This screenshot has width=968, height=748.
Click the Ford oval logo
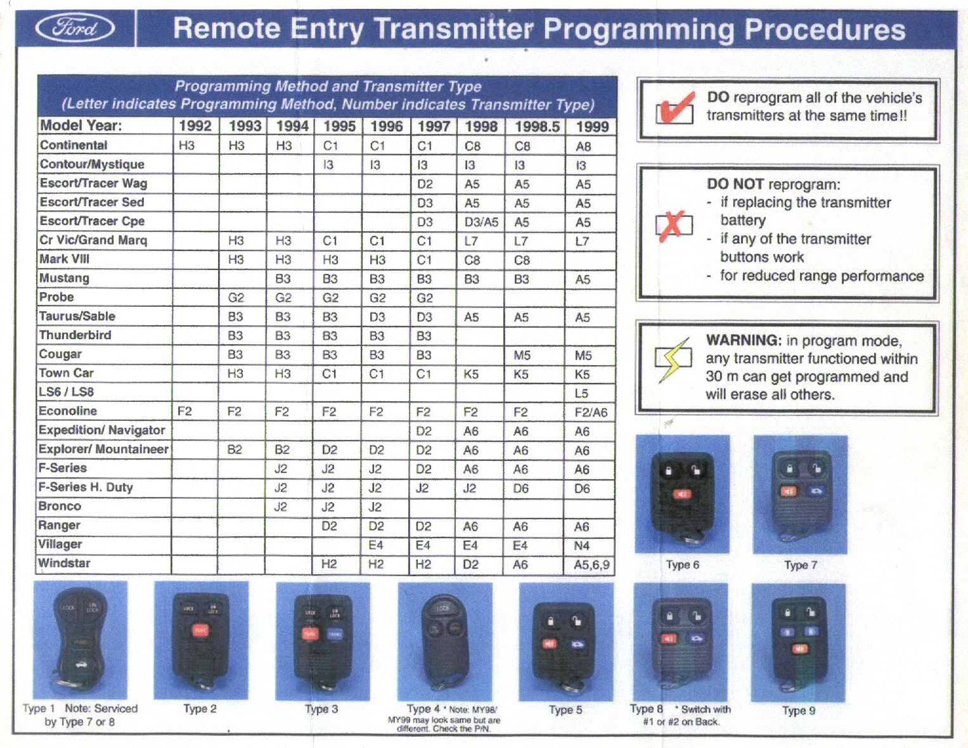(x=75, y=29)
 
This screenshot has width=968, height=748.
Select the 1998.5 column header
(x=536, y=126)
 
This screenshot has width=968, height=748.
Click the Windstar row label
(x=64, y=563)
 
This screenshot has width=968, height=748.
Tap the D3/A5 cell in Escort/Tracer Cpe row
(x=481, y=222)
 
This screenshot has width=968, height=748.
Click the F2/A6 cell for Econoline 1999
(x=590, y=412)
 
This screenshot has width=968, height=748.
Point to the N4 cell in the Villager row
(x=581, y=545)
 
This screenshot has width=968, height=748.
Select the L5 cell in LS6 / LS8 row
(x=581, y=393)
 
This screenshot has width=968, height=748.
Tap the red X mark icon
(x=673, y=226)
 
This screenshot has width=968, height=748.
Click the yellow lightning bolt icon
(x=673, y=359)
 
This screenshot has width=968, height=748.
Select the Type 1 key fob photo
(x=80, y=640)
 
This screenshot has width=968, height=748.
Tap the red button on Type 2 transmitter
(x=200, y=630)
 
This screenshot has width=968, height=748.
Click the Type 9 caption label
(x=798, y=711)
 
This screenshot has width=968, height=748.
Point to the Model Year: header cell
(x=81, y=126)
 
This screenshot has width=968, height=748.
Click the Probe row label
(x=56, y=297)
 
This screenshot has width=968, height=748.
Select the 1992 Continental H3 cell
(x=186, y=145)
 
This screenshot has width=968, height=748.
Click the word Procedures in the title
(x=824, y=29)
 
